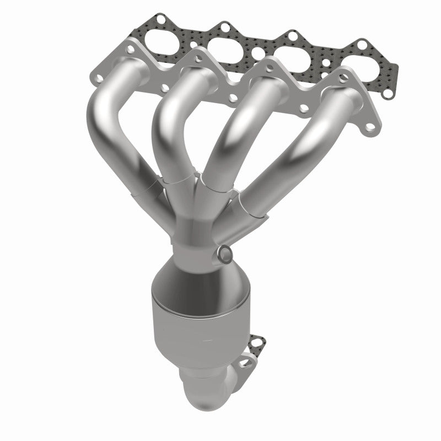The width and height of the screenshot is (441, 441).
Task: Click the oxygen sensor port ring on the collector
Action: (224, 254)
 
